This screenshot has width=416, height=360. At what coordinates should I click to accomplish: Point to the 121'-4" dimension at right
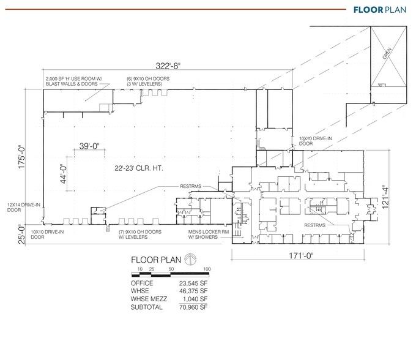click(x=385, y=198)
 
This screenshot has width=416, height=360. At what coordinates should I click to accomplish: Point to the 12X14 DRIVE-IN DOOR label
click(x=21, y=208)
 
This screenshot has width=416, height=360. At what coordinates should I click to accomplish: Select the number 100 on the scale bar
click(x=207, y=269)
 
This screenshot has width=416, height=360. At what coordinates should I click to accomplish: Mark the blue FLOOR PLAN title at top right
click(x=379, y=10)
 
